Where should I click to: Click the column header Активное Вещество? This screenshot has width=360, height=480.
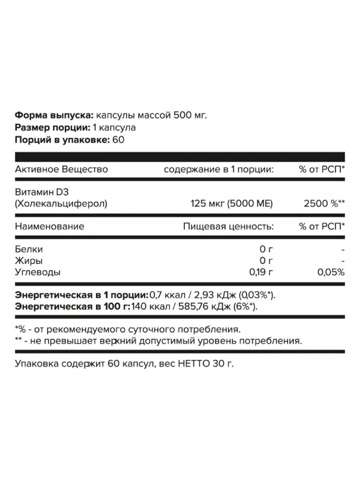click(x=61, y=169)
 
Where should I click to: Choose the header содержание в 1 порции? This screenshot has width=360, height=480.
click(x=218, y=169)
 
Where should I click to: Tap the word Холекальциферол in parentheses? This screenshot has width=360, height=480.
click(x=61, y=204)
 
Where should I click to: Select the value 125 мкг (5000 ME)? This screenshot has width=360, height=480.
click(x=232, y=204)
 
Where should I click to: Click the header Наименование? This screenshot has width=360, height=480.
click(x=49, y=227)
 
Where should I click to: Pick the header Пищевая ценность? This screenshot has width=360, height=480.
click(x=228, y=227)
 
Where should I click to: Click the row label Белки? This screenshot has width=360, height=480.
click(x=29, y=250)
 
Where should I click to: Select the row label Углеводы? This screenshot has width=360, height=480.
click(x=38, y=272)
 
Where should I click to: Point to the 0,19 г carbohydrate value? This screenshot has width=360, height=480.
click(x=261, y=272)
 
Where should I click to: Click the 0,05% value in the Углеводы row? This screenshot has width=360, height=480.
click(x=331, y=272)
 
